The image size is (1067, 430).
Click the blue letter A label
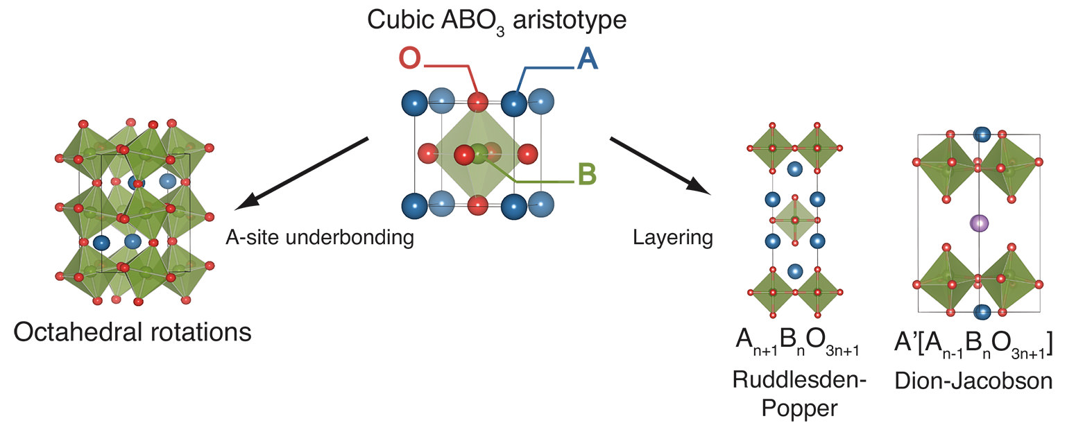point(587,60)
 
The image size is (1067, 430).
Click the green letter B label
point(587,173)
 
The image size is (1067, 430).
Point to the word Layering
point(672,238)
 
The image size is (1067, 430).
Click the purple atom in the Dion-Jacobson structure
point(978,223)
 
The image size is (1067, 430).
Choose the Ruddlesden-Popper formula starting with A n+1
point(794,345)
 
